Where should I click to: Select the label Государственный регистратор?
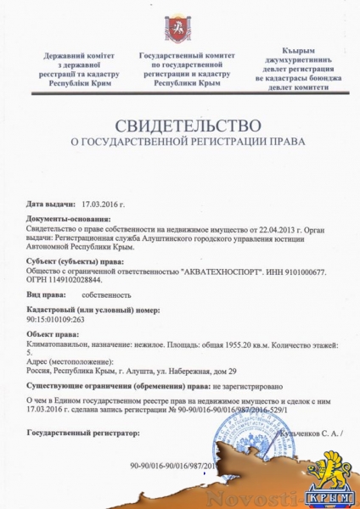pyautogui.click(x=82, y=433)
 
